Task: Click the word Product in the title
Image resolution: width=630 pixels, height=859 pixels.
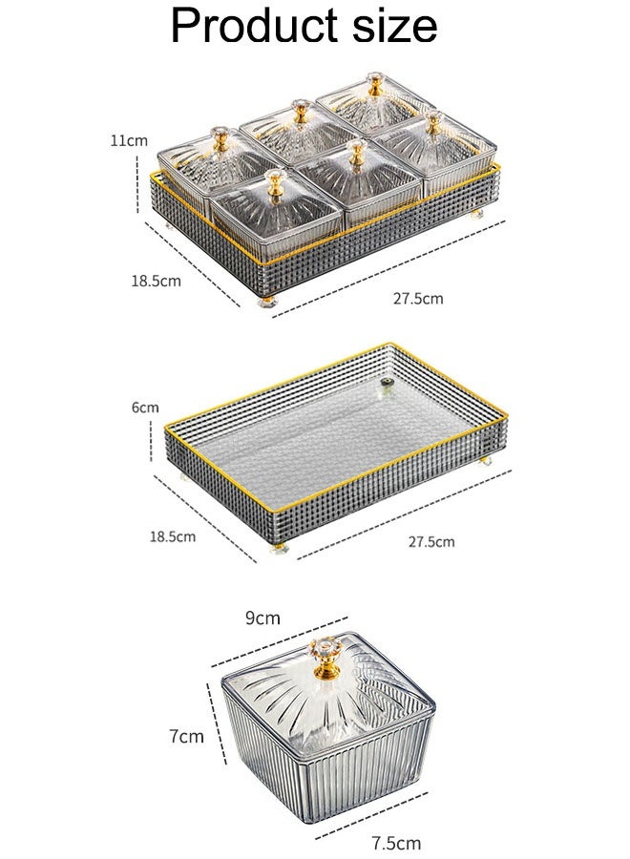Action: click(x=254, y=26)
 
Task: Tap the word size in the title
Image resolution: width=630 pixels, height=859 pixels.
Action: click(x=394, y=26)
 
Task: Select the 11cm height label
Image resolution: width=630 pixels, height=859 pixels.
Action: click(x=129, y=141)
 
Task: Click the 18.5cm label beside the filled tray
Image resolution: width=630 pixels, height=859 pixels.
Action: click(x=156, y=281)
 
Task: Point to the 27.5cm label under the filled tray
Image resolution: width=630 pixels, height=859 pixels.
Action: click(x=418, y=299)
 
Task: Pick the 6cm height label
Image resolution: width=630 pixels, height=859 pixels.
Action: click(x=145, y=408)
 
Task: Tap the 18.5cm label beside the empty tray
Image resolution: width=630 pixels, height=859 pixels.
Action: click(x=173, y=535)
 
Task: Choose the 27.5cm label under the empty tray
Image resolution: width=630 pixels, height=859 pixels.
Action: click(x=431, y=542)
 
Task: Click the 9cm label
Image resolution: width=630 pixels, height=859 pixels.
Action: click(x=262, y=618)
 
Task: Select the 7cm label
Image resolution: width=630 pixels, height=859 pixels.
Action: click(x=186, y=736)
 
